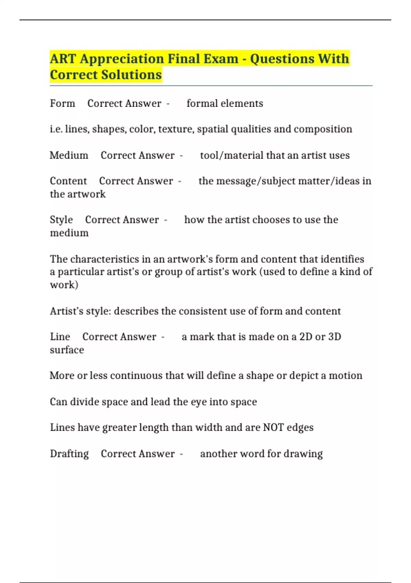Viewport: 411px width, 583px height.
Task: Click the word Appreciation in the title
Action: pos(116,59)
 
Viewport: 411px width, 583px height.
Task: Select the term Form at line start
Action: pos(62,103)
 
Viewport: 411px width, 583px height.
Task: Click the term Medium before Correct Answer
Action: pos(69,155)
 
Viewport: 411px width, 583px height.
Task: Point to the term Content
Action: pos(68,181)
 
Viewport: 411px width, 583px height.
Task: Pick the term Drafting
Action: pos(69,454)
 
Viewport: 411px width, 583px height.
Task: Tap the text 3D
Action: pos(334,337)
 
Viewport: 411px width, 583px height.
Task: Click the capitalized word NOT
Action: pos(273,428)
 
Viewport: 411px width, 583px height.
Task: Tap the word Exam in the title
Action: pos(221,59)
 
